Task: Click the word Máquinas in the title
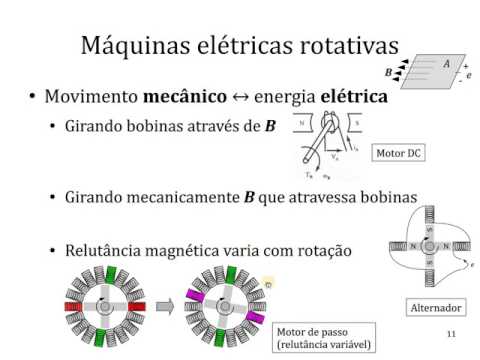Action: (129, 45)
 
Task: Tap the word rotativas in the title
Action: (346, 45)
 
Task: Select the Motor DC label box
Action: (398, 154)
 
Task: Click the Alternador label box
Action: (436, 307)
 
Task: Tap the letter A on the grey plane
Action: (446, 63)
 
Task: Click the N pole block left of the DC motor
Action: (301, 125)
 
